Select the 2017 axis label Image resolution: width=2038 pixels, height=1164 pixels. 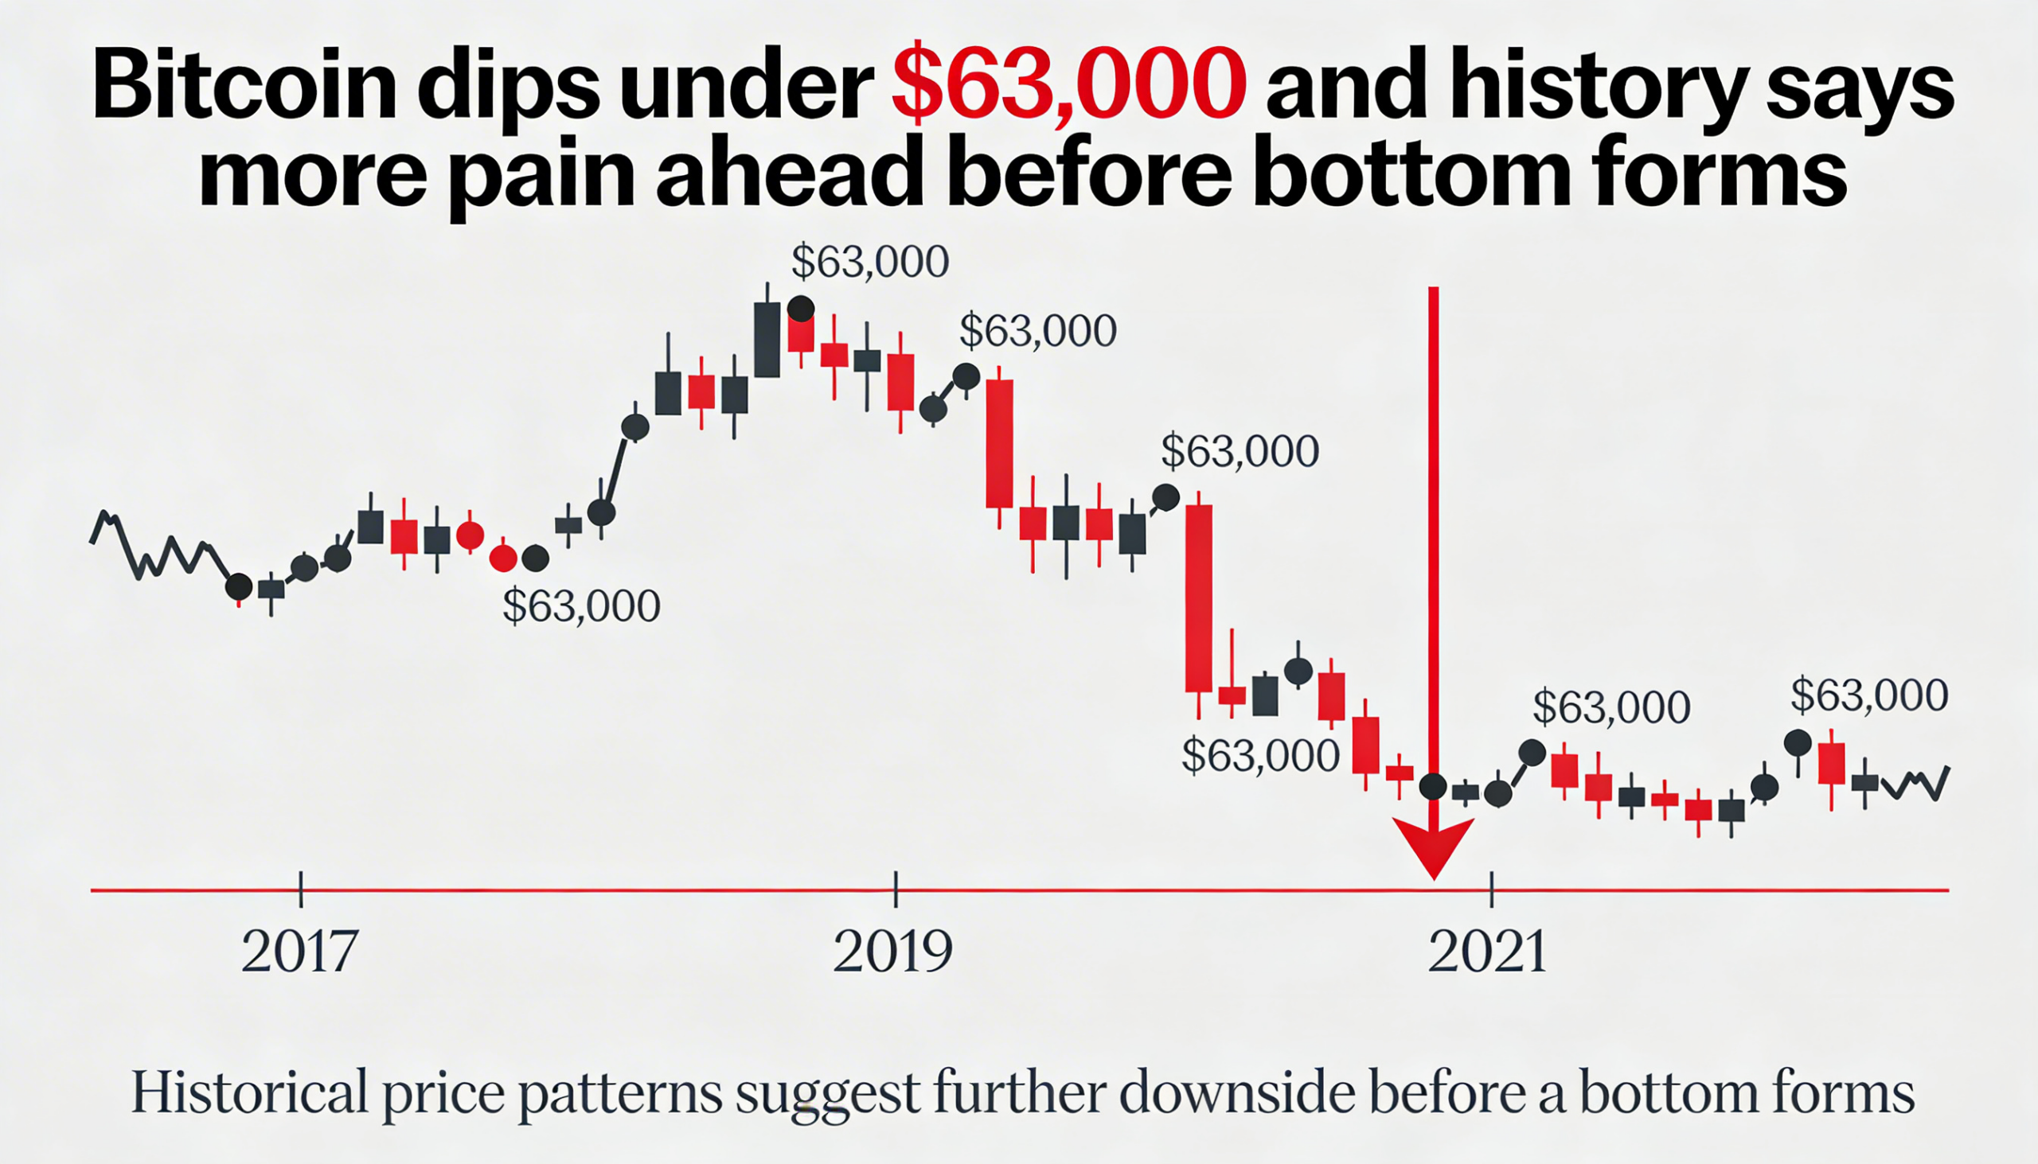[x=299, y=952]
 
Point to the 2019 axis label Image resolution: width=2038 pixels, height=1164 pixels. [x=892, y=952]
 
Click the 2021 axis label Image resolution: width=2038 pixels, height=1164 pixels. [x=1487, y=952]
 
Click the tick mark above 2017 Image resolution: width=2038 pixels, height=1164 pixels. [x=301, y=889]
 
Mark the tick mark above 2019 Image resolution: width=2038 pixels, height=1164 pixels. [x=896, y=889]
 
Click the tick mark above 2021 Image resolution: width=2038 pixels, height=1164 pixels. [x=1492, y=889]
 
